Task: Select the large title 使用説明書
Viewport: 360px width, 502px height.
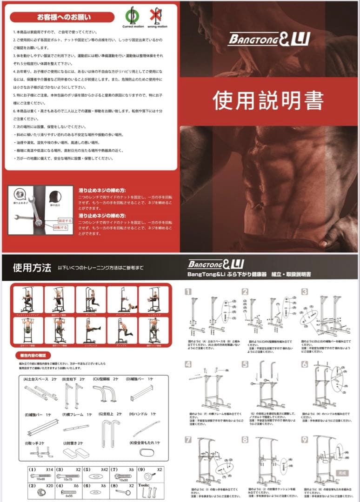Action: pos(268,100)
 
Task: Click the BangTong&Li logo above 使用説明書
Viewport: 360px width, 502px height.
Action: pos(268,38)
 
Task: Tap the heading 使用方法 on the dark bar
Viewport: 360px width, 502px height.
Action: pos(32,268)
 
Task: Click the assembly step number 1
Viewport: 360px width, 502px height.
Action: pos(188,291)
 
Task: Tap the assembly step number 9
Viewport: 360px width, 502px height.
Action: pos(304,439)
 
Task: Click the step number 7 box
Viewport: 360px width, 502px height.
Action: pos(188,439)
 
